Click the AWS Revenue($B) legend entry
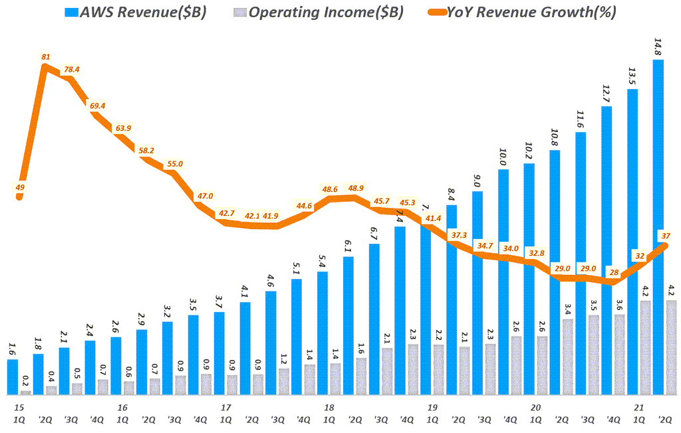(133, 13)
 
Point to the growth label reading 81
(46, 57)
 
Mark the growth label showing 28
(613, 272)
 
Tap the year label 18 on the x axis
(329, 407)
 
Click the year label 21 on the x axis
(639, 407)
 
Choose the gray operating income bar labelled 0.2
(25, 392)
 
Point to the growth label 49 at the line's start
(20, 188)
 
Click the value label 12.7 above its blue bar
(606, 89)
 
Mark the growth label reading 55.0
(175, 163)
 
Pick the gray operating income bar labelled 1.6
(361, 377)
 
